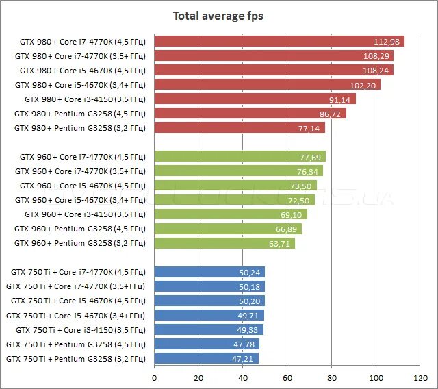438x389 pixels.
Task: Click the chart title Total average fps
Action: coord(218,16)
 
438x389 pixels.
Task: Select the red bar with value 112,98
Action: coord(274,41)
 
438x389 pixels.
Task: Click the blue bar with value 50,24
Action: coord(205,272)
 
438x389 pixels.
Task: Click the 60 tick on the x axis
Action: coord(287,377)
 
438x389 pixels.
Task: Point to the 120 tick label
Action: coord(420,377)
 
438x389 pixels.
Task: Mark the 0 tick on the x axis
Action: coord(155,377)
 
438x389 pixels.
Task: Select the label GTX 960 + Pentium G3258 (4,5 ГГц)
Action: coord(79,229)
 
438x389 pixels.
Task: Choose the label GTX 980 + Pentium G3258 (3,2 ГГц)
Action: coord(79,128)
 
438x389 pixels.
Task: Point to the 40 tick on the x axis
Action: coord(243,377)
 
